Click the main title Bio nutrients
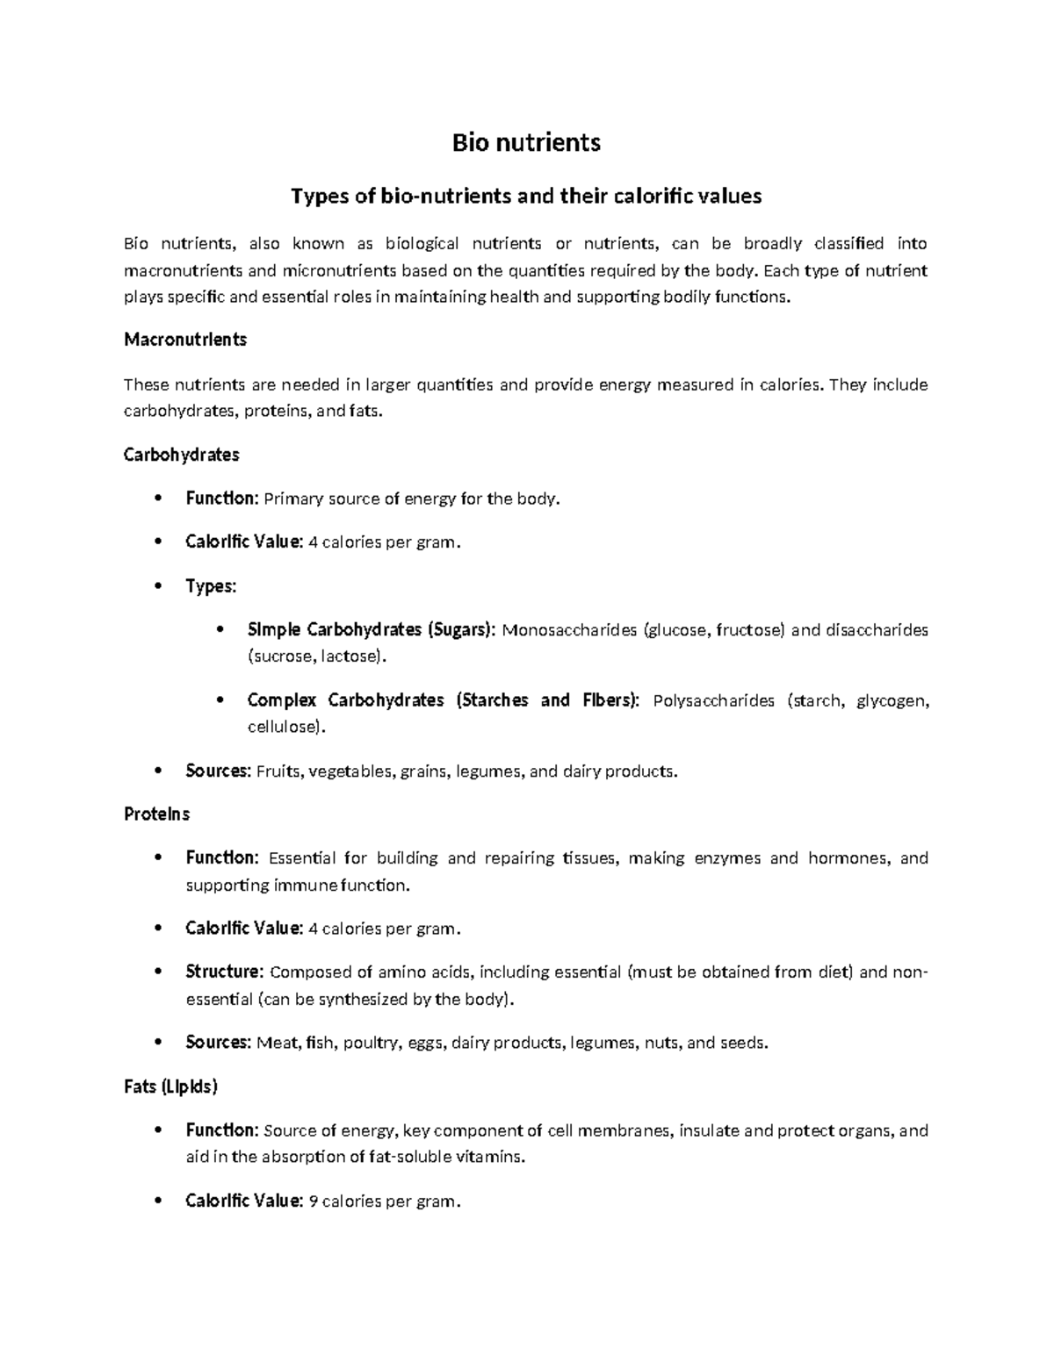pyautogui.click(x=526, y=143)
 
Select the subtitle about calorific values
pyautogui.click(x=526, y=196)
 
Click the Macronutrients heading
pyautogui.click(x=185, y=340)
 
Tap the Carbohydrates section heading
pyautogui.click(x=181, y=455)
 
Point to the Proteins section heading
pyautogui.click(x=156, y=814)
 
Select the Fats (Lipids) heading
pyautogui.click(x=170, y=1087)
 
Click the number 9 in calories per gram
pyautogui.click(x=314, y=1201)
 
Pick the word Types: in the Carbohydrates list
pyautogui.click(x=211, y=586)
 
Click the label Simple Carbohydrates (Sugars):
pyautogui.click(x=372, y=630)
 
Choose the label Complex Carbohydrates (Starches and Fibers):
pyautogui.click(x=444, y=700)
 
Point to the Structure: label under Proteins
pyautogui.click(x=224, y=972)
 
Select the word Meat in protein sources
pyautogui.click(x=277, y=1043)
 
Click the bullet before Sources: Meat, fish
pyautogui.click(x=158, y=1043)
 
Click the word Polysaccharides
pyautogui.click(x=714, y=700)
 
